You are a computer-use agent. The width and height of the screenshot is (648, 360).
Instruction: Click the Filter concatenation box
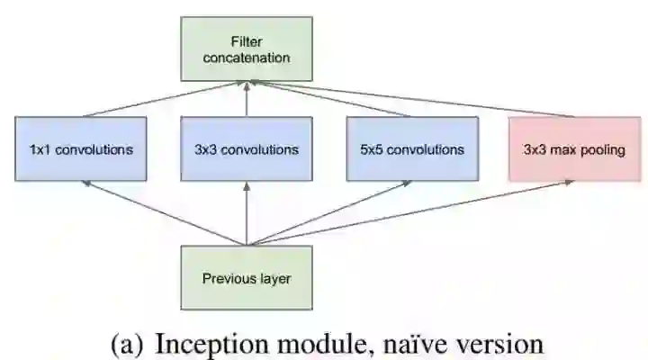pyautogui.click(x=247, y=50)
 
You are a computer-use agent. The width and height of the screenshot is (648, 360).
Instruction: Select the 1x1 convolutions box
pyautogui.click(x=82, y=148)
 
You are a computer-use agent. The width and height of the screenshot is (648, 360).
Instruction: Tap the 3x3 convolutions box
pyautogui.click(x=247, y=148)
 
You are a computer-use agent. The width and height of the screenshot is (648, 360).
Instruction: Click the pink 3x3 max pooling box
pyautogui.click(x=574, y=148)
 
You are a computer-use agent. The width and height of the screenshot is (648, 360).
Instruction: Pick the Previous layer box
pyautogui.click(x=247, y=278)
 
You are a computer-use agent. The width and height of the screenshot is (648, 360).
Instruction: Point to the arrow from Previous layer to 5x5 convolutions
pyautogui.click(x=328, y=212)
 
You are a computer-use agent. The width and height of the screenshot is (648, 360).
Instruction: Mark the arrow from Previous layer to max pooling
pyautogui.click(x=409, y=212)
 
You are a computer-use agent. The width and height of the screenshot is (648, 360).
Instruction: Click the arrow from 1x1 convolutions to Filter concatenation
pyautogui.click(x=166, y=98)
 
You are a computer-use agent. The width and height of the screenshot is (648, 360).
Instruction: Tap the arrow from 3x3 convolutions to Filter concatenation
pyautogui.click(x=247, y=98)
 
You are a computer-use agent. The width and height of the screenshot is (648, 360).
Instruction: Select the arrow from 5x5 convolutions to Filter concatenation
pyautogui.click(x=328, y=98)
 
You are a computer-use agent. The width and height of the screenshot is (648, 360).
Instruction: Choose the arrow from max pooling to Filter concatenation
pyautogui.click(x=409, y=98)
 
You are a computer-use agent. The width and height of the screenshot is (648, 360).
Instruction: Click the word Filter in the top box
pyautogui.click(x=247, y=42)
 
